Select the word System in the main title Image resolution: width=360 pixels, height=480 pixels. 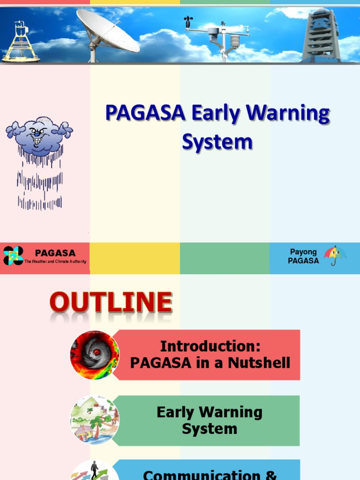coord(217,142)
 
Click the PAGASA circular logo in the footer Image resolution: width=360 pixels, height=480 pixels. coord(13,255)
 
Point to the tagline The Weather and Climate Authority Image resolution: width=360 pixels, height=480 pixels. coord(55,262)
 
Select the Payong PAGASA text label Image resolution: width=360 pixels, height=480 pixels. coord(303,256)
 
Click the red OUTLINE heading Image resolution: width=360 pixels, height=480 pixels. coord(111,302)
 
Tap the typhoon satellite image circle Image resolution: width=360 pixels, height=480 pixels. coord(95,355)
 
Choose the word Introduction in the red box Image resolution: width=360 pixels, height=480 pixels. coord(210,346)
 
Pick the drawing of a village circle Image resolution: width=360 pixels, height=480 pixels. coord(95,420)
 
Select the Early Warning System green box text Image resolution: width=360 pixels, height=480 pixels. coord(210,420)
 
